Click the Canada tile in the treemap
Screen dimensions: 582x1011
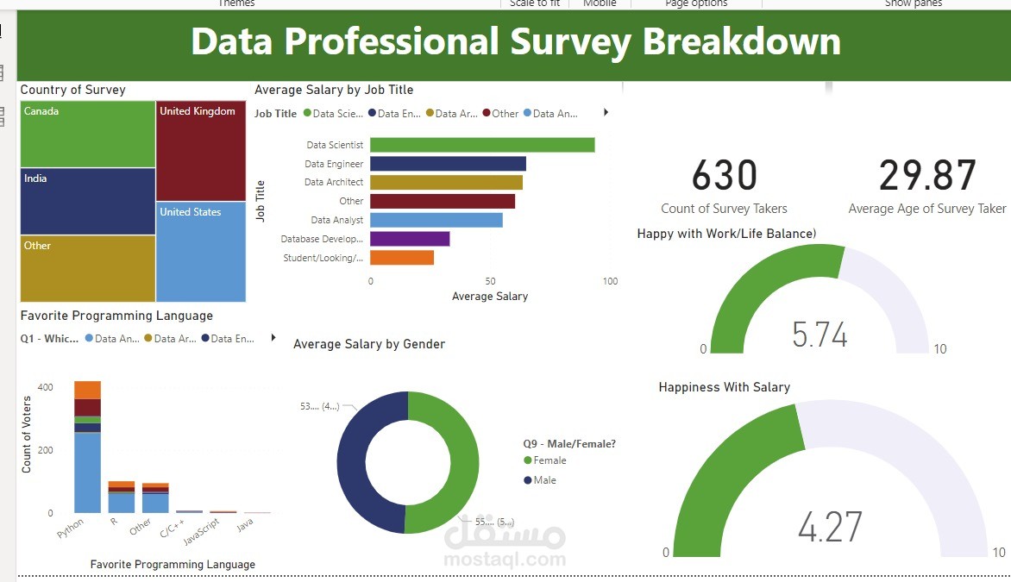coord(87,134)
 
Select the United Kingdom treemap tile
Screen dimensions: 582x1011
coord(201,151)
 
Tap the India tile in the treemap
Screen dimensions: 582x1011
coord(87,201)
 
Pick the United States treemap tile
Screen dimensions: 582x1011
coord(201,252)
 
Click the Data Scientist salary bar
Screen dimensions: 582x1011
coord(482,145)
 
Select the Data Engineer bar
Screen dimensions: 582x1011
coord(448,164)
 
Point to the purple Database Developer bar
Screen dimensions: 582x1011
coord(410,239)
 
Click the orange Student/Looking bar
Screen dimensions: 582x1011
coord(402,258)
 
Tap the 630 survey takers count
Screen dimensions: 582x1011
coord(724,176)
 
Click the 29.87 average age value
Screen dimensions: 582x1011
coord(927,176)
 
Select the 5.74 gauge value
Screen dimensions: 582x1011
coord(819,335)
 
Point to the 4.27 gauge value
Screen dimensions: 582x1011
coord(830,527)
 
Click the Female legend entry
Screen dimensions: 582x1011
coord(549,460)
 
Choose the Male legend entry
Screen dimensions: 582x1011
coord(544,480)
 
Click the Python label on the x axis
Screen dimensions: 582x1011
coord(72,528)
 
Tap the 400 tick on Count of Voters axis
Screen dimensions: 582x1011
coord(45,387)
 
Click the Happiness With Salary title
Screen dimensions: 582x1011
coord(724,387)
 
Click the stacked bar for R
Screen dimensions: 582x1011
coord(122,498)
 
